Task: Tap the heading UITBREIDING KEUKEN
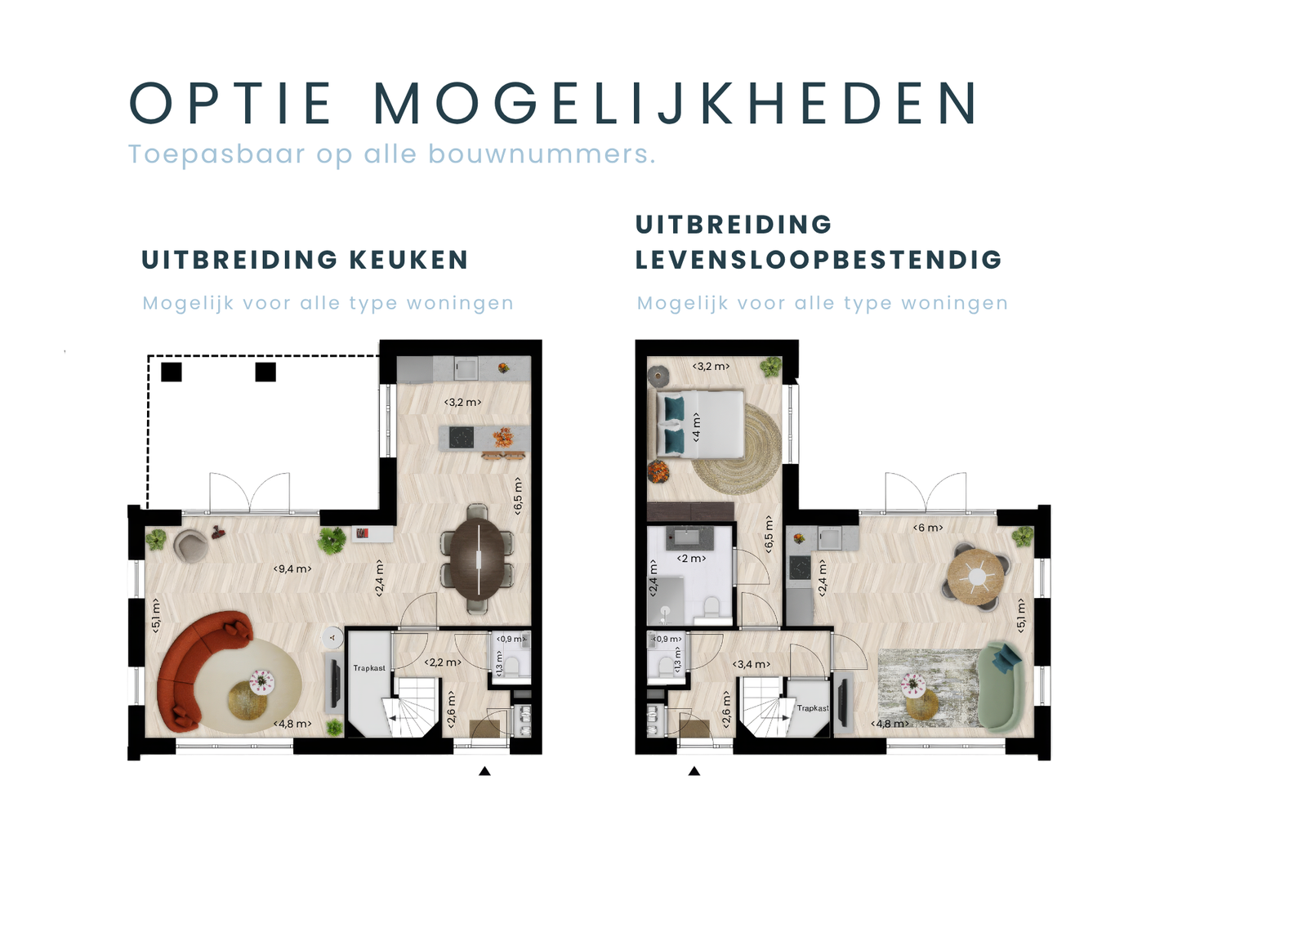point(305,261)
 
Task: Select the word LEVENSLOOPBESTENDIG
point(819,261)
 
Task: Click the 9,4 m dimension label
point(292,569)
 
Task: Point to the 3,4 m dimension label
point(752,664)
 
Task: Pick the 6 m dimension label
point(928,528)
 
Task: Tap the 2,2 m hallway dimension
point(443,662)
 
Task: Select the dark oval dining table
point(477,560)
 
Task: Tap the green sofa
point(1001,685)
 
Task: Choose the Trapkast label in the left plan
point(368,667)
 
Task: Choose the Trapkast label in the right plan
point(813,708)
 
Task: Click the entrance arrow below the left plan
point(484,772)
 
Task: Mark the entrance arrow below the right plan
point(694,772)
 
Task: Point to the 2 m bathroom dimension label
point(691,559)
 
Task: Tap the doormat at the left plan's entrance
point(485,729)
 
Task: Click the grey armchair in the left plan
point(191,546)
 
